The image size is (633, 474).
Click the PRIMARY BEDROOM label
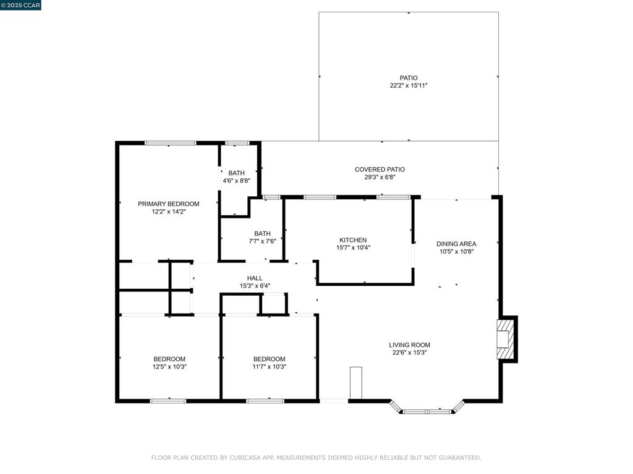(x=168, y=204)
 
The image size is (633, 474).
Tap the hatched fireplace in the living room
(x=506, y=339)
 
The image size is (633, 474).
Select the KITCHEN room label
(x=353, y=240)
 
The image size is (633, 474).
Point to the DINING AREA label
(x=456, y=244)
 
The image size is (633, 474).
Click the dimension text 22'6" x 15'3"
(x=409, y=352)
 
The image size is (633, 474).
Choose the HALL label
(x=255, y=278)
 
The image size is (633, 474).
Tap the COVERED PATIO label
(x=380, y=170)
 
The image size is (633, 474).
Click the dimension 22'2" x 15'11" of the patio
(x=409, y=85)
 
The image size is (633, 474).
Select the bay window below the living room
(x=427, y=410)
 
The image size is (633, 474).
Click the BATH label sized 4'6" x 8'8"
(x=236, y=173)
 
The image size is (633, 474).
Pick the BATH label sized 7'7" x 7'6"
(x=262, y=234)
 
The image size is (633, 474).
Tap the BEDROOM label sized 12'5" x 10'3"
(x=169, y=359)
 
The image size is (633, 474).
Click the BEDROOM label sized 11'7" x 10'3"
(x=270, y=359)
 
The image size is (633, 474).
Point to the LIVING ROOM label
(x=409, y=345)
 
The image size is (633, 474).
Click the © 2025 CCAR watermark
(x=20, y=5)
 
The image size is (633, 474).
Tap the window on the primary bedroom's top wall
(x=171, y=143)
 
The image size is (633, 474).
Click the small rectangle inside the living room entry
(x=355, y=383)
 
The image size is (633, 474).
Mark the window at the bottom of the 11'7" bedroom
(x=265, y=401)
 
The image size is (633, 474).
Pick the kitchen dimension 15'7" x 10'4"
(x=353, y=248)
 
